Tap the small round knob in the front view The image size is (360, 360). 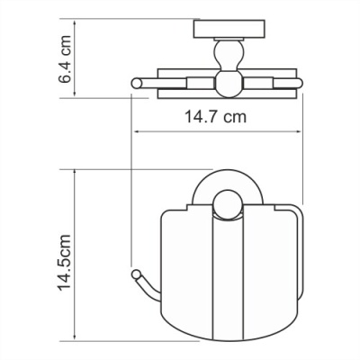[224, 212]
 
